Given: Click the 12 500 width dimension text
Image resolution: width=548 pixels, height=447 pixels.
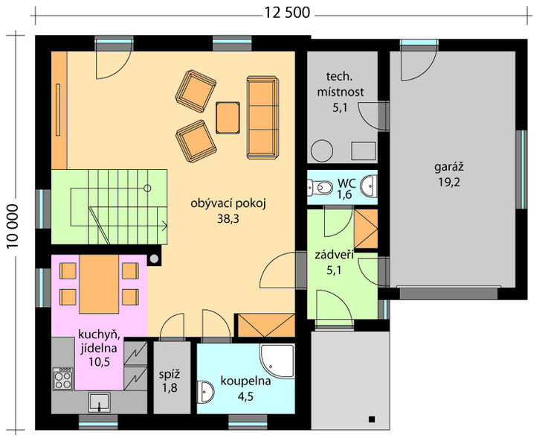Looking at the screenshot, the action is pyautogui.click(x=287, y=13).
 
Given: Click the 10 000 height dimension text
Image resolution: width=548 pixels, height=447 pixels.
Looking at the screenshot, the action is pyautogui.click(x=13, y=226).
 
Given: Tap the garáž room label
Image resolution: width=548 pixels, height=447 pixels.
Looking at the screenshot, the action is pyautogui.click(x=449, y=168).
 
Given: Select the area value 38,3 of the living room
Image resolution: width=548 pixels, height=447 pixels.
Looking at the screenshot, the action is pyautogui.click(x=228, y=219).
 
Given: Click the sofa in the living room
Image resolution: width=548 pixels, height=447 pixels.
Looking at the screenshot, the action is pyautogui.click(x=262, y=118).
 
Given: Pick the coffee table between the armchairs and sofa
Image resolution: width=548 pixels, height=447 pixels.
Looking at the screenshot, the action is pyautogui.click(x=228, y=118).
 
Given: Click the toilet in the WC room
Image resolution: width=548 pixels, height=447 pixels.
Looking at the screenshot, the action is pyautogui.click(x=320, y=188).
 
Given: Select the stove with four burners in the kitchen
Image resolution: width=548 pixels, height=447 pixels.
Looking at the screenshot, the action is pyautogui.click(x=63, y=378).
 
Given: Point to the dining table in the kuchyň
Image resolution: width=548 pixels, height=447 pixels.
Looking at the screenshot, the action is pyautogui.click(x=99, y=284).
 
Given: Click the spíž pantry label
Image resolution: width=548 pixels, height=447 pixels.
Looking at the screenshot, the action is pyautogui.click(x=170, y=375).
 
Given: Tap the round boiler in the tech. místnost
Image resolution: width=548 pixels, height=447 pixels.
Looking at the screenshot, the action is pyautogui.click(x=321, y=151).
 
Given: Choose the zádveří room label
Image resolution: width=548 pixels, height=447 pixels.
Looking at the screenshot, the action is pyautogui.click(x=334, y=256).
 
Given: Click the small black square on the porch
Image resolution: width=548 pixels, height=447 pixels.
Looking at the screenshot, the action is pyautogui.click(x=372, y=419).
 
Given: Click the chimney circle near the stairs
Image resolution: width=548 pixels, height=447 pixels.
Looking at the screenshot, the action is pyautogui.click(x=154, y=259).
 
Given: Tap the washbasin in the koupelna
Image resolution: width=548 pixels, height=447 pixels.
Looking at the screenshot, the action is pyautogui.click(x=205, y=392).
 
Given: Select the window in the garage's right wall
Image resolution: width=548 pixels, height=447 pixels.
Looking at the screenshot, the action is pyautogui.click(x=521, y=169).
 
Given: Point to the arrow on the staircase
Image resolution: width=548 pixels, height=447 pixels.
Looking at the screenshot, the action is pyautogui.click(x=164, y=226).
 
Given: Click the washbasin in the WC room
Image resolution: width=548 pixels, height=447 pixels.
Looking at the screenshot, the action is pyautogui.click(x=369, y=186).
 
